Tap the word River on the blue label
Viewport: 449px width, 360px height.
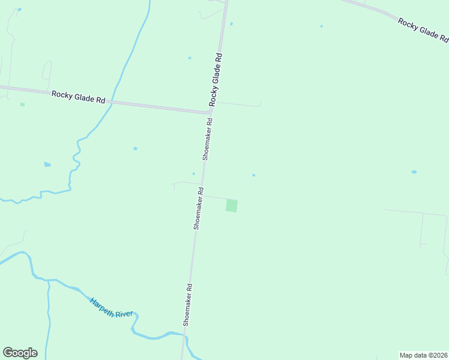point(124,313)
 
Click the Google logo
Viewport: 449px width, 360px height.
point(20,353)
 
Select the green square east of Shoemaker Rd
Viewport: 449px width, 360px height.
point(232,205)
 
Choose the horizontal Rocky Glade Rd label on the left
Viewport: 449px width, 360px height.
point(79,96)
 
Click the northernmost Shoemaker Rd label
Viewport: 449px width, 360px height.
point(207,138)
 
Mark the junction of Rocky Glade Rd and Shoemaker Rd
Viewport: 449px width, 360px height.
point(210,111)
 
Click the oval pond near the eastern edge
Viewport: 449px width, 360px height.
point(414,172)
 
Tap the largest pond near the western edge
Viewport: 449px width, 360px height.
point(47,164)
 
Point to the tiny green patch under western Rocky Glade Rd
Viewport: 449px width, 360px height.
point(22,104)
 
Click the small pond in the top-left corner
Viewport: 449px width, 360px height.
point(19,10)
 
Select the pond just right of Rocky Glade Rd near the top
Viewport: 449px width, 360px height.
point(231,24)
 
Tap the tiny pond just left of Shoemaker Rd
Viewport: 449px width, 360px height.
point(193,173)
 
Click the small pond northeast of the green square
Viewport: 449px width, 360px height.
point(253,175)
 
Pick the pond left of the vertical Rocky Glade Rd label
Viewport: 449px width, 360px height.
point(190,58)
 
